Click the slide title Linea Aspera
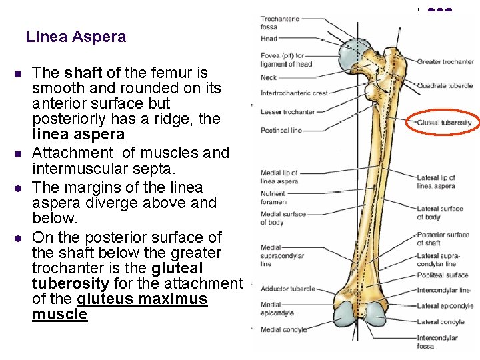click(x=75, y=37)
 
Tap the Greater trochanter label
click(x=445, y=62)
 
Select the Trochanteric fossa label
click(x=280, y=23)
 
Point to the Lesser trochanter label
click(x=287, y=112)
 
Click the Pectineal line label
click(x=281, y=131)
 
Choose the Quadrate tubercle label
click(x=444, y=85)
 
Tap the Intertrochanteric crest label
click(x=294, y=93)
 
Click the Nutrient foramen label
click(x=274, y=197)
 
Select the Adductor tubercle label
click(x=287, y=289)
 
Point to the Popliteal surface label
click(x=443, y=275)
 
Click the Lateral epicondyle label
click(x=445, y=306)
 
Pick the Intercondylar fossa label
click(x=437, y=342)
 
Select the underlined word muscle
click(x=59, y=314)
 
